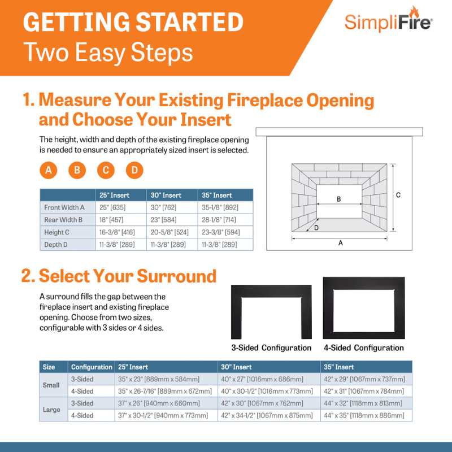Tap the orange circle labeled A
click(x=49, y=170)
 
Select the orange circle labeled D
click(x=134, y=170)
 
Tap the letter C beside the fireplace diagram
click(x=398, y=195)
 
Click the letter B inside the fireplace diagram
click(x=338, y=198)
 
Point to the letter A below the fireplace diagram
click(x=340, y=243)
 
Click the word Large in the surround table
click(x=51, y=409)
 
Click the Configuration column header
click(x=91, y=367)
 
